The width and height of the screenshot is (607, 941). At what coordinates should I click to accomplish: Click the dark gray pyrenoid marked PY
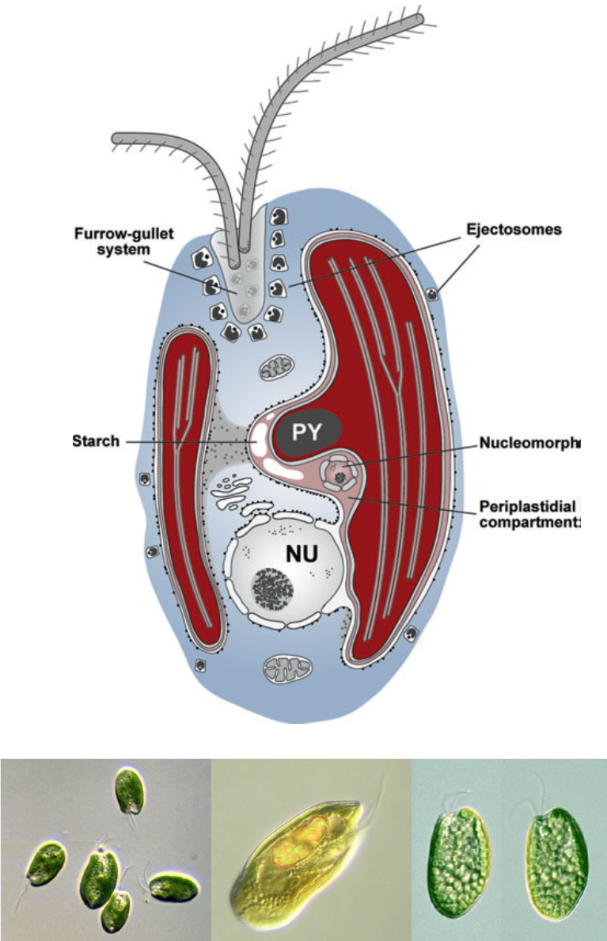click(308, 432)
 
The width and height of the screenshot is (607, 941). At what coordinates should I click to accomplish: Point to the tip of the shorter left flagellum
click(116, 139)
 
